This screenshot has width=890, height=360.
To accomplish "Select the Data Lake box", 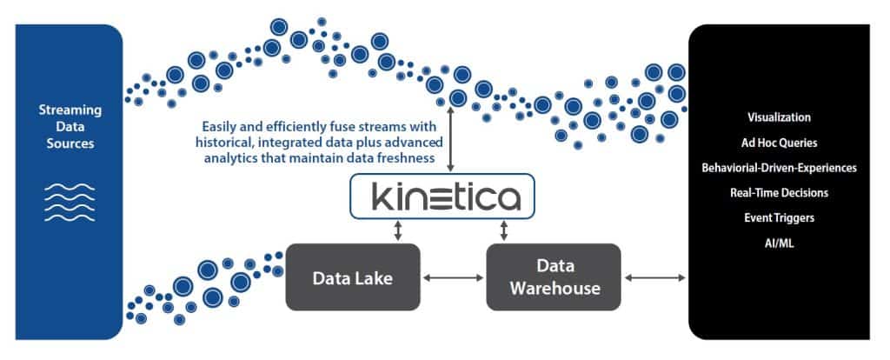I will tap(353, 277).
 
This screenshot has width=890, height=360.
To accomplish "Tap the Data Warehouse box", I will tap(553, 277).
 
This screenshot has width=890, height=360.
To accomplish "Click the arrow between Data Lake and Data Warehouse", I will tap(453, 277).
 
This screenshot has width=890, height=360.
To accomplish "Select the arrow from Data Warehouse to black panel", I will tap(654, 277).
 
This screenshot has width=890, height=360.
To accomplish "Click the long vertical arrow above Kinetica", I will tap(449, 138).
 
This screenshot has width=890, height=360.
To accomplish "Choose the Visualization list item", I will tap(779, 117).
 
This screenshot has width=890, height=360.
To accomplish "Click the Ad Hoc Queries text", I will tap(779, 142).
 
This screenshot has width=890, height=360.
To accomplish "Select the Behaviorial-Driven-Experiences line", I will tap(779, 167).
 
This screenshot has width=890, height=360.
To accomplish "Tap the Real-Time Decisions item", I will tap(779, 192).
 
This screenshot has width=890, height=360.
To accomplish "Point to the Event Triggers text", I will tap(779, 218).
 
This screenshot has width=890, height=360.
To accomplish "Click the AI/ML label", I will tap(779, 243).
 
